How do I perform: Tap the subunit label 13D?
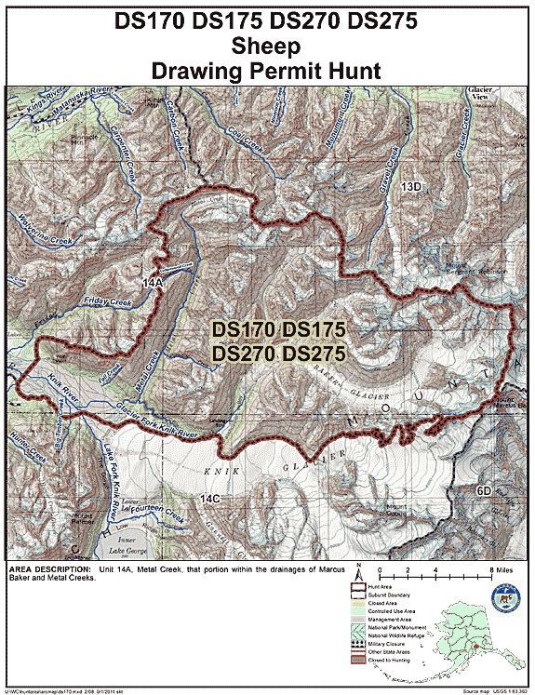(x=410, y=188)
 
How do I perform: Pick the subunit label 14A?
(x=154, y=280)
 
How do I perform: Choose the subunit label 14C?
(x=210, y=500)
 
